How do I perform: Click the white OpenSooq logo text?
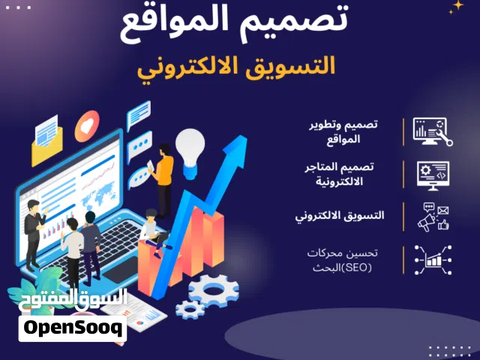coord(73,328)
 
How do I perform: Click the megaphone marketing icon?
coord(433,217)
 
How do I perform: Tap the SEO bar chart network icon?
coord(433,259)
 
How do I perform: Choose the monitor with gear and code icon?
coord(433,175)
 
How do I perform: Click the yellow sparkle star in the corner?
coord(455,7)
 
